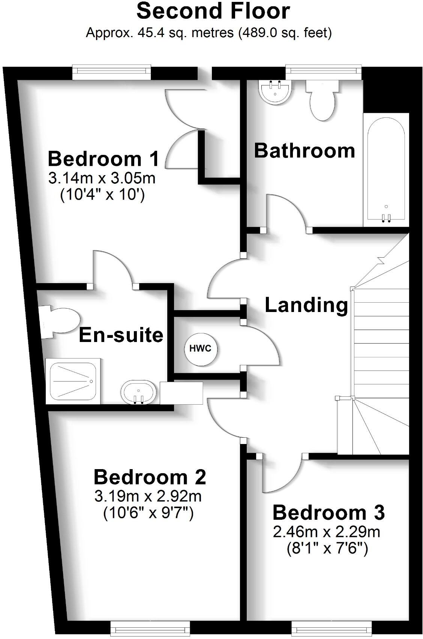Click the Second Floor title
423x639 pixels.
[213, 12]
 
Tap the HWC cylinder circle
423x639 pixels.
[200, 349]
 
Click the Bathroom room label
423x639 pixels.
[304, 151]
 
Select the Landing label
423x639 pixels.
[306, 305]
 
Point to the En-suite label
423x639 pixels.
[121, 335]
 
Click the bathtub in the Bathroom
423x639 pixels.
[385, 169]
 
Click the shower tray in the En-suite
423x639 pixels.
[73, 381]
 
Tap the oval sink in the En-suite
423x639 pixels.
[139, 392]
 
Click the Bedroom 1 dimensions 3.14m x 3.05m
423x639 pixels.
[102, 178]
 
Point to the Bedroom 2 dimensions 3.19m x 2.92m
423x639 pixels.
[148, 496]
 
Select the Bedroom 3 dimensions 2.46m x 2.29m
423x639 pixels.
[327, 532]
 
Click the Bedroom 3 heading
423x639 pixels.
[328, 513]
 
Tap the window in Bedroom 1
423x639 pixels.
[111, 72]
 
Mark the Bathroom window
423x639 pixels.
[323, 72]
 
